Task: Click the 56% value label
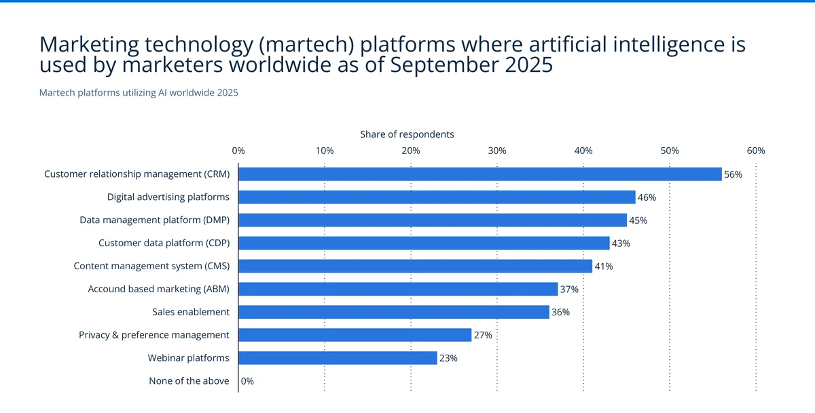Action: (x=733, y=174)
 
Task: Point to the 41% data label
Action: (x=603, y=267)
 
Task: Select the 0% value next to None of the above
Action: (x=247, y=381)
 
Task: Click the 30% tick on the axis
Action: (x=497, y=151)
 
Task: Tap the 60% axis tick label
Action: (x=756, y=151)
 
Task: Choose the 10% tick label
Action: (x=325, y=151)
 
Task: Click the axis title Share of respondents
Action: (x=407, y=134)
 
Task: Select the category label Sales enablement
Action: (x=191, y=312)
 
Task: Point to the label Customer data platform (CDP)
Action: (x=164, y=243)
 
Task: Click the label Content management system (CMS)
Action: (x=151, y=266)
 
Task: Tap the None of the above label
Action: (x=189, y=381)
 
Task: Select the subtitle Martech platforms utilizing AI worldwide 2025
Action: (x=139, y=93)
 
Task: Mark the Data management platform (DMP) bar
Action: (x=433, y=220)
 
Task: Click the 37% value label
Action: (x=569, y=290)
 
